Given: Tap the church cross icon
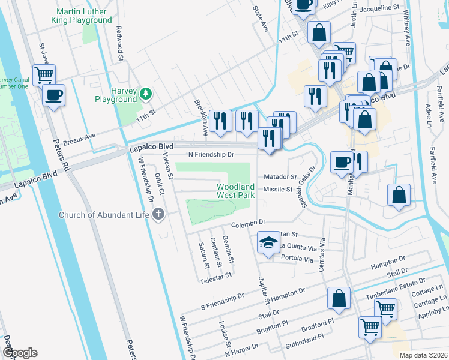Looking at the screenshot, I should (158, 214).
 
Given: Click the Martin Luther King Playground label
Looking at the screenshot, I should (83, 16).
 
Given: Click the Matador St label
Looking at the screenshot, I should (281, 177).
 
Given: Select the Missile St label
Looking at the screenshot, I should (278, 190).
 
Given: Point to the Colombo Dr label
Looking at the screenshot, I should (249, 224).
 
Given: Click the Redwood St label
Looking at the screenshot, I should (119, 52).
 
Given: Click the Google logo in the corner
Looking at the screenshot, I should (20, 353).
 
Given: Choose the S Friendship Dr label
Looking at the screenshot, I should (223, 296).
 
